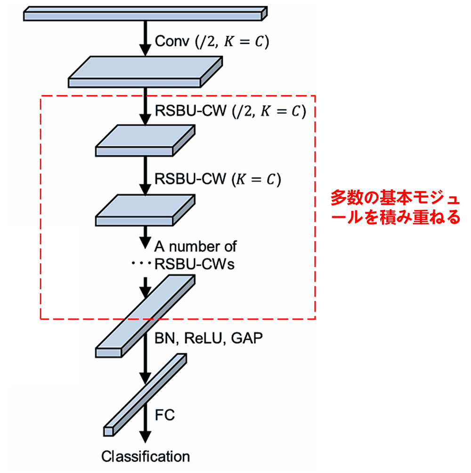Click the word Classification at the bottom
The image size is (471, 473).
pos(146,457)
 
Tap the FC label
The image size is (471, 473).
pos(165,415)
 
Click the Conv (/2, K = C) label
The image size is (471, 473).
pos(212,41)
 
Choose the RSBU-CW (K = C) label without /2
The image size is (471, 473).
pos(218,180)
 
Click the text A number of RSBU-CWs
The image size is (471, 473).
pos(195,255)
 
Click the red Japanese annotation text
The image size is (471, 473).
pos(395,207)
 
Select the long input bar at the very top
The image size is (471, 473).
pos(145,14)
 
